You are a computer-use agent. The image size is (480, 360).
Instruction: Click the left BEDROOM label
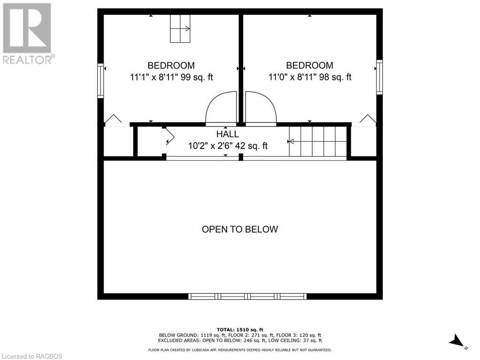pos(171,66)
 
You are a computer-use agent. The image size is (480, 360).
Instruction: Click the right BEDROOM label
pos(310,66)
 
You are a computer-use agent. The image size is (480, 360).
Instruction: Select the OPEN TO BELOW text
pos(240,230)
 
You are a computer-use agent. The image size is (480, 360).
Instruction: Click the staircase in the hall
pos(318,141)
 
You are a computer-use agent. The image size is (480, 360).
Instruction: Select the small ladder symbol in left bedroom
pos(180,29)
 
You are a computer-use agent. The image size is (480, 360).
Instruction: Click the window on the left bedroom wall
pos(100,80)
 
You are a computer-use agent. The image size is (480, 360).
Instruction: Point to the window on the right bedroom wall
pos(380,77)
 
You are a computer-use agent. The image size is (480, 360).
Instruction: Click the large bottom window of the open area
pos(247,296)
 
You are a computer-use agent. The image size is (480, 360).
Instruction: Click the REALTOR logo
pos(27,33)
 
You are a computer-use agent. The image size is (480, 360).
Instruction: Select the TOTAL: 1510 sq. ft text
pos(240,329)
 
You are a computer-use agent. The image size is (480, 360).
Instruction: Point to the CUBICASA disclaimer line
pos(240,350)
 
